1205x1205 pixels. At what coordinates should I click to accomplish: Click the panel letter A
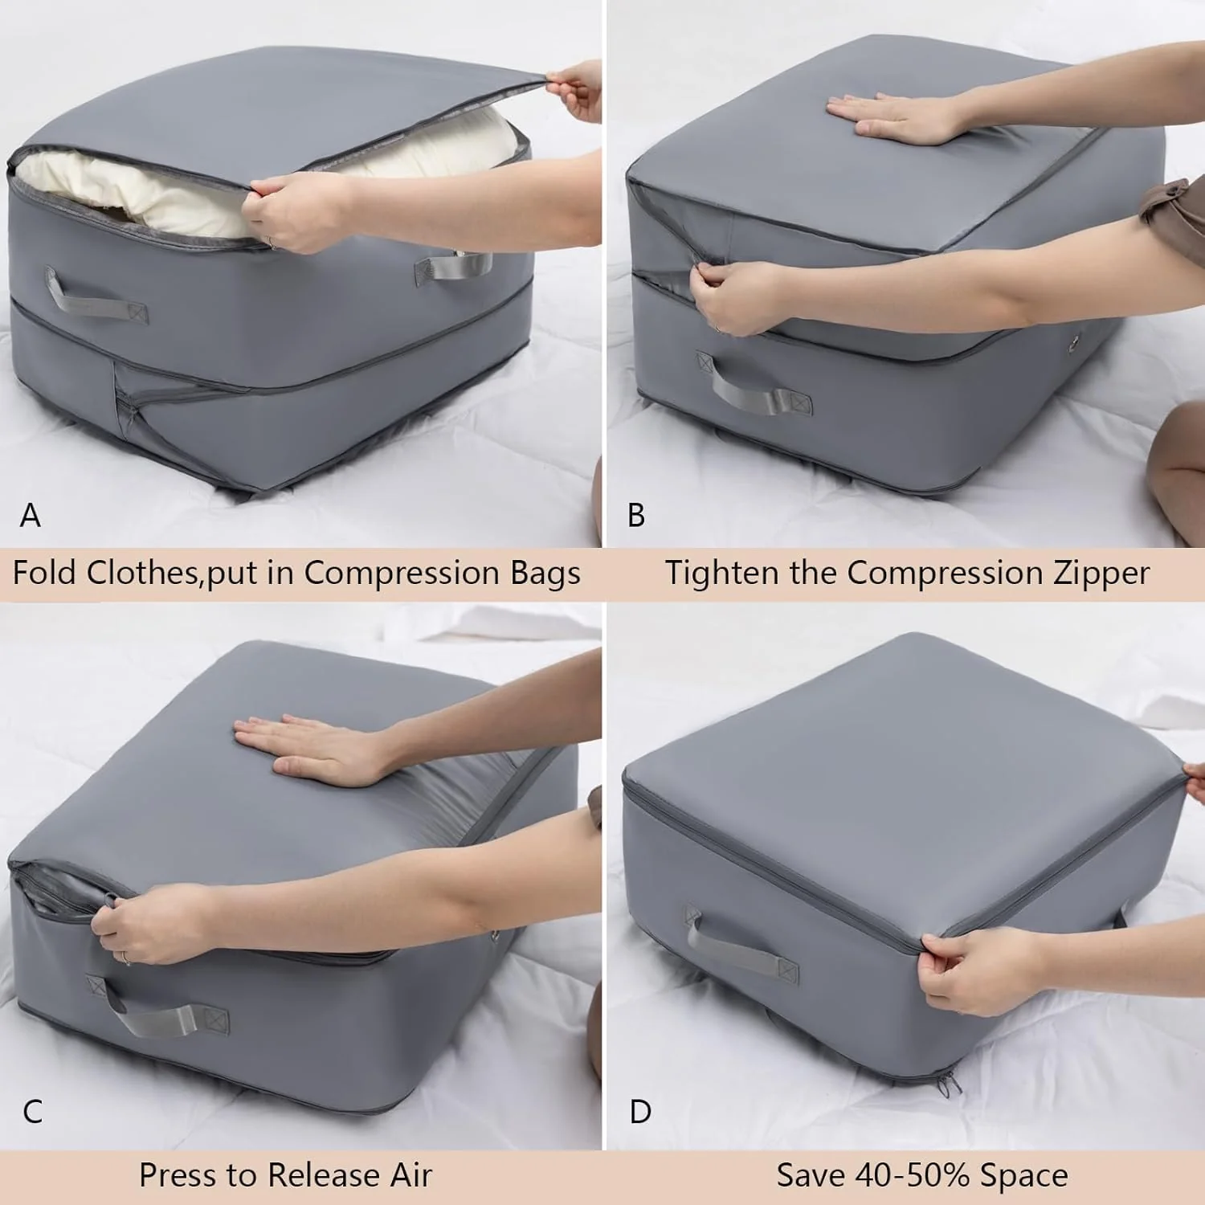pyautogui.click(x=30, y=515)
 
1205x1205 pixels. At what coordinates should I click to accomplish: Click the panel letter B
pyautogui.click(x=636, y=515)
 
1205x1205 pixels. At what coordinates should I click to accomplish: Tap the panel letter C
pyautogui.click(x=33, y=1112)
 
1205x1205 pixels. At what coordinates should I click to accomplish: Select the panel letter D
pyautogui.click(x=640, y=1112)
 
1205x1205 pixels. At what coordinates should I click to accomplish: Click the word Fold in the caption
pyautogui.click(x=46, y=573)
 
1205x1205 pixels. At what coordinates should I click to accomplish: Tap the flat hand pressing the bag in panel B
pyautogui.click(x=884, y=116)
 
